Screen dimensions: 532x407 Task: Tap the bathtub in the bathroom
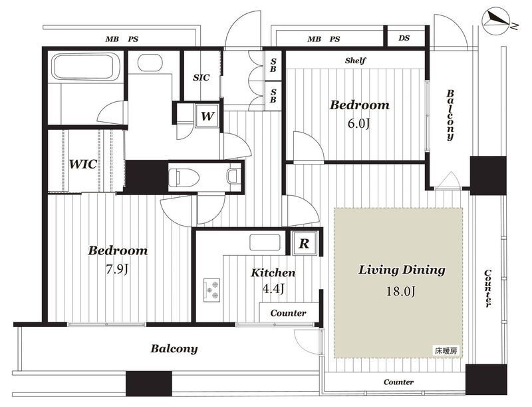click(x=82, y=66)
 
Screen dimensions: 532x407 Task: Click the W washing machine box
click(x=207, y=116)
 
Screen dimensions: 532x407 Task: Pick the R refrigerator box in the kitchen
click(x=305, y=243)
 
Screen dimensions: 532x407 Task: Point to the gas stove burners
click(x=211, y=290)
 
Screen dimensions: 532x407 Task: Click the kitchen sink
click(x=265, y=242)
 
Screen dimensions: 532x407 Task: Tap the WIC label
click(x=83, y=164)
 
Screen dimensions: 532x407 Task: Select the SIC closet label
click(x=201, y=77)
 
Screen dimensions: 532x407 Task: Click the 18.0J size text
click(x=401, y=291)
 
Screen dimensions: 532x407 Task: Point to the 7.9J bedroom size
click(x=118, y=269)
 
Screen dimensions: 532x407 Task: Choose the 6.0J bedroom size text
click(x=358, y=124)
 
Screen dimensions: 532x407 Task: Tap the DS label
click(x=404, y=38)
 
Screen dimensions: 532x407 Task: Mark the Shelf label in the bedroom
click(x=355, y=61)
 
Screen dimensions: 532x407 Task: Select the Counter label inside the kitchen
click(x=288, y=313)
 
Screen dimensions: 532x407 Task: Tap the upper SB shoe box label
click(x=273, y=65)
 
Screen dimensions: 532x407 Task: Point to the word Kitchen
click(x=273, y=272)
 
